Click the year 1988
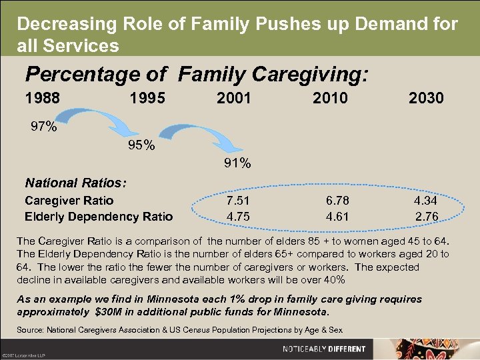click(42, 99)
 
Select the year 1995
click(147, 99)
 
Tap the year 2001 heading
click(234, 99)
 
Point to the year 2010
click(330, 99)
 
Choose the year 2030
click(426, 99)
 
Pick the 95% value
click(141, 145)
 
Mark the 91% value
click(237, 163)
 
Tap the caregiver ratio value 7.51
click(238, 201)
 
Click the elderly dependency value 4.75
click(238, 216)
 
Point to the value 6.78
click(337, 201)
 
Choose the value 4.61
click(337, 216)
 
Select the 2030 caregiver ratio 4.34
click(426, 201)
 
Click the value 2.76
click(426, 216)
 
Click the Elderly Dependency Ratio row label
click(99, 216)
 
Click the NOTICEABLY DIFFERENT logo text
click(324, 349)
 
